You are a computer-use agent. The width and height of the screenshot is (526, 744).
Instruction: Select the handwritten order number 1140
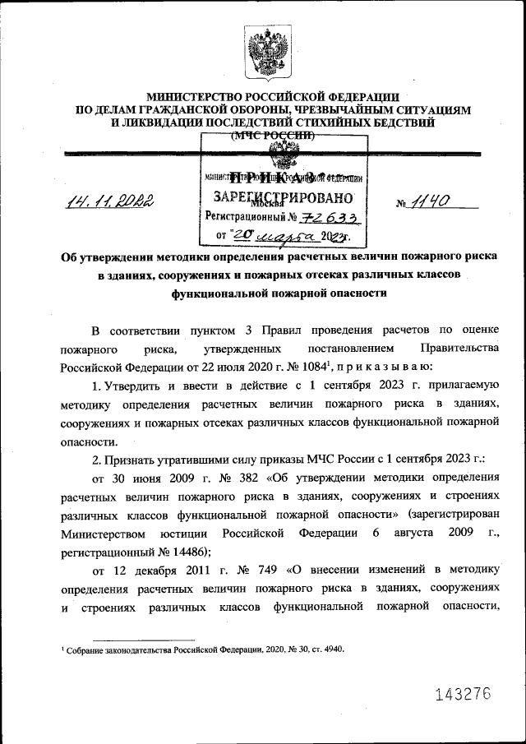pos(432,200)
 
